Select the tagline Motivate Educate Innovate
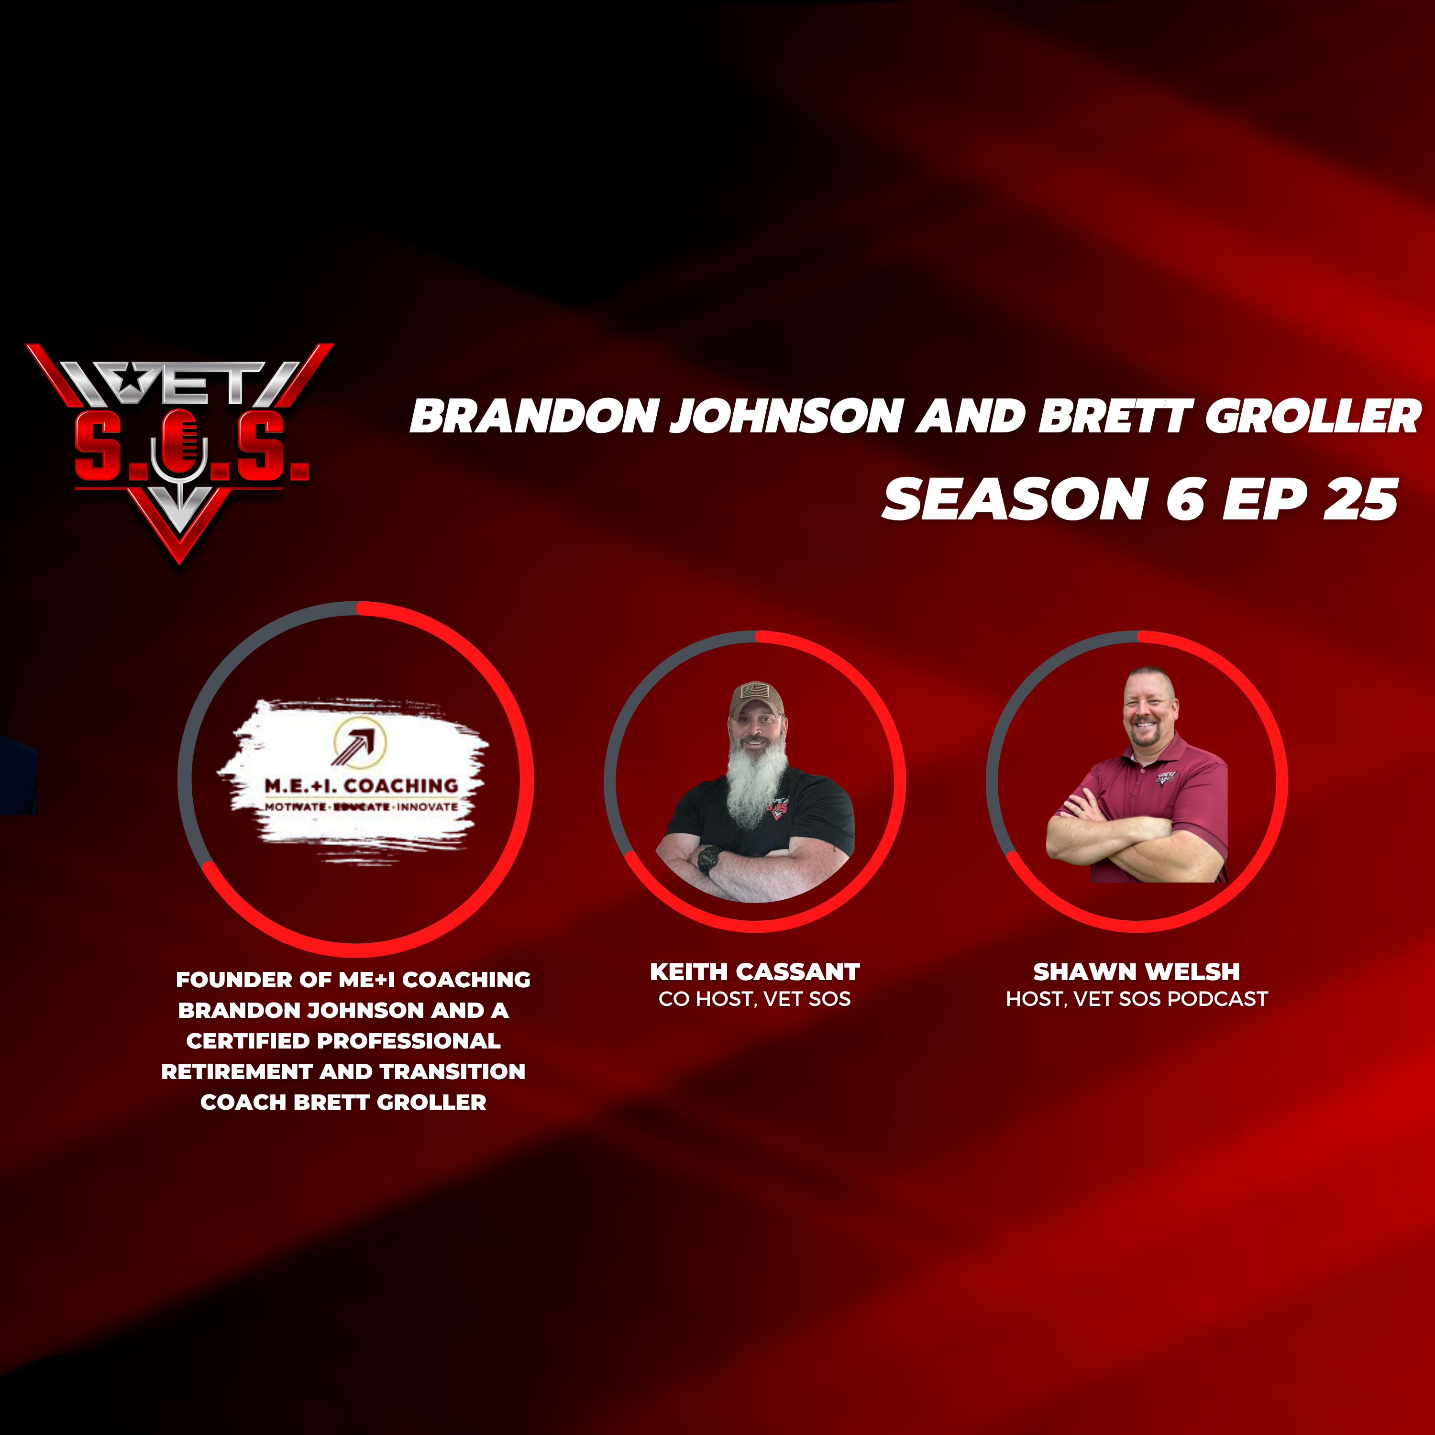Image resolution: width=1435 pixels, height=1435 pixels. coord(362,806)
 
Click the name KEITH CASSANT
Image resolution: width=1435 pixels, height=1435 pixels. coord(755,971)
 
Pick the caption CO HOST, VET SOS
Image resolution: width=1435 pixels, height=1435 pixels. coord(755,999)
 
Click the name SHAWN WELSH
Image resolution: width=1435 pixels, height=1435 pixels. coord(1137,971)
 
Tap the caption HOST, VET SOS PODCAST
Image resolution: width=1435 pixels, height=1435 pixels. coord(1137,999)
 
